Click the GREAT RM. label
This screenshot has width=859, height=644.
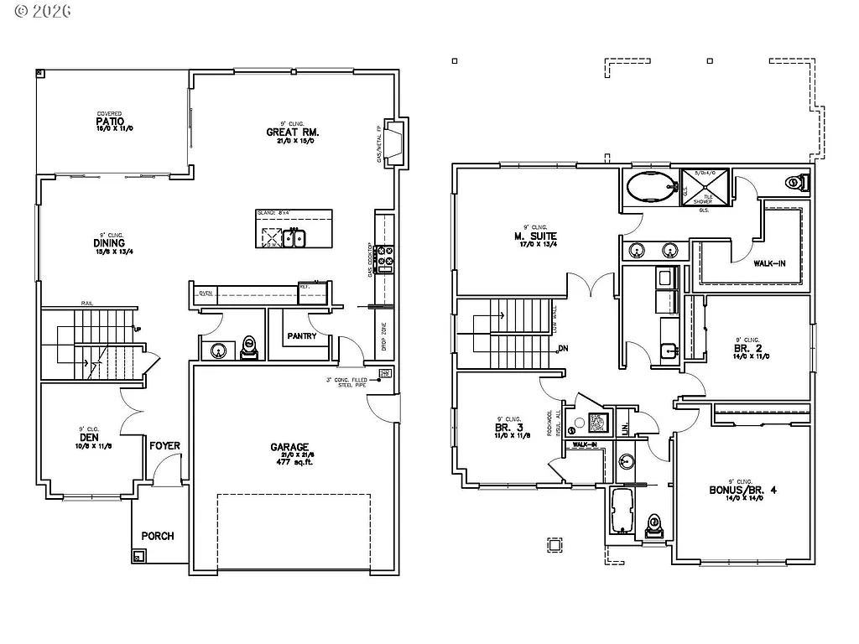293,132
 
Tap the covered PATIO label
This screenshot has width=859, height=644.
109,121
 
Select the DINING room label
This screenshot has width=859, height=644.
109,243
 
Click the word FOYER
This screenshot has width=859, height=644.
165,445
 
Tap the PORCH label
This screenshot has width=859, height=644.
158,535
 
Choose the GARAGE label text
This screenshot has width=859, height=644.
289,447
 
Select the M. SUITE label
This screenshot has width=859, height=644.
535,236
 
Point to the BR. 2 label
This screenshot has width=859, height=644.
745,347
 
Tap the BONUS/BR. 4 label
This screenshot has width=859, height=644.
743,490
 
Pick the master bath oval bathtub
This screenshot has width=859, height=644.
651,187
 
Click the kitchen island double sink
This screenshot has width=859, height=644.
294,238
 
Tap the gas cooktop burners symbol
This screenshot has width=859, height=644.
386,259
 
